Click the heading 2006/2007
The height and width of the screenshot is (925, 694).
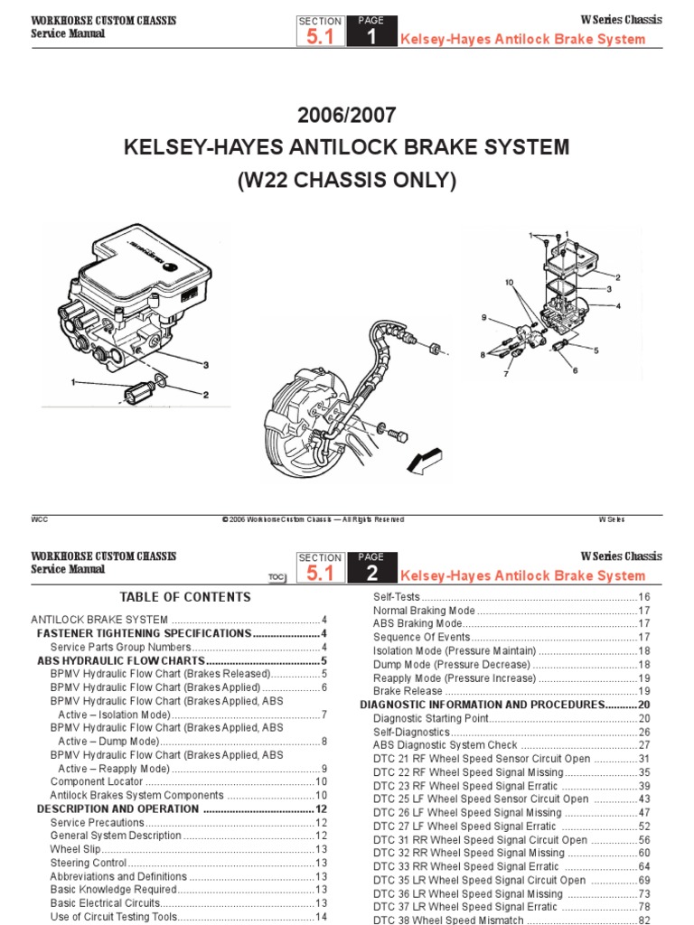tap(346, 116)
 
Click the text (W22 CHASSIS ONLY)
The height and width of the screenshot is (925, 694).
tap(346, 180)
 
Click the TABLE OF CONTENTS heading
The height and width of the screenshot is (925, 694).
tap(185, 597)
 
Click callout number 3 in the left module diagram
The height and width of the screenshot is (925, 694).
tap(205, 365)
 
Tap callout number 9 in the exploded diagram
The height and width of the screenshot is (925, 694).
tap(483, 316)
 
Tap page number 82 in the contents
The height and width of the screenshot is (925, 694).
tap(644, 920)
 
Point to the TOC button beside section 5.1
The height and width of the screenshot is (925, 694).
tap(277, 576)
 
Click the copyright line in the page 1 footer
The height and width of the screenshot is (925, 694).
tap(313, 519)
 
